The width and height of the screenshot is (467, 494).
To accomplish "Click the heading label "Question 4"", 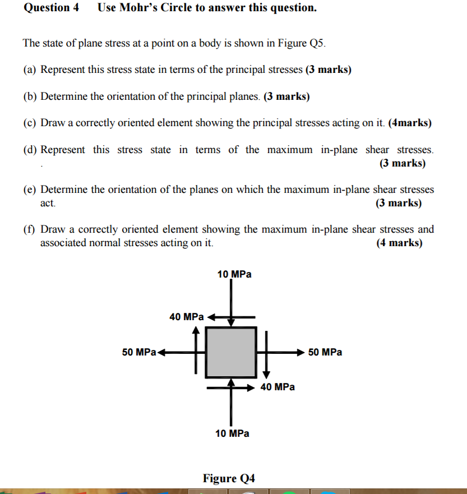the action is [51, 8].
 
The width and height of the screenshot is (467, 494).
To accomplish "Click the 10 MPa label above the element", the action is [234, 274].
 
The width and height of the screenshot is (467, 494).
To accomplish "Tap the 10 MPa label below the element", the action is [233, 433].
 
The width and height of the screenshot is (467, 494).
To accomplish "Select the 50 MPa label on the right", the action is [325, 352].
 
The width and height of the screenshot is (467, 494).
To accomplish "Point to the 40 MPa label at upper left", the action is [187, 317].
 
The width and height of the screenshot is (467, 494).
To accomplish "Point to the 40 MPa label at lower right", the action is [278, 387].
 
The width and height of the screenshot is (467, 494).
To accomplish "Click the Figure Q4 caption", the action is [229, 478].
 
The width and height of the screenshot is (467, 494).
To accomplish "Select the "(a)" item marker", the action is [30, 70].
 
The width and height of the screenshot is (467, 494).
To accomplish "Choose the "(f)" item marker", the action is [30, 229].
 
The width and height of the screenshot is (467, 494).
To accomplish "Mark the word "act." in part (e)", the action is [48, 203].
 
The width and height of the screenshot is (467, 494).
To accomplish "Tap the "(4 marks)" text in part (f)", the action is [399, 243].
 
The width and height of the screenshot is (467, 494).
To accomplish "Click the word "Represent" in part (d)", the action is [63, 150].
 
